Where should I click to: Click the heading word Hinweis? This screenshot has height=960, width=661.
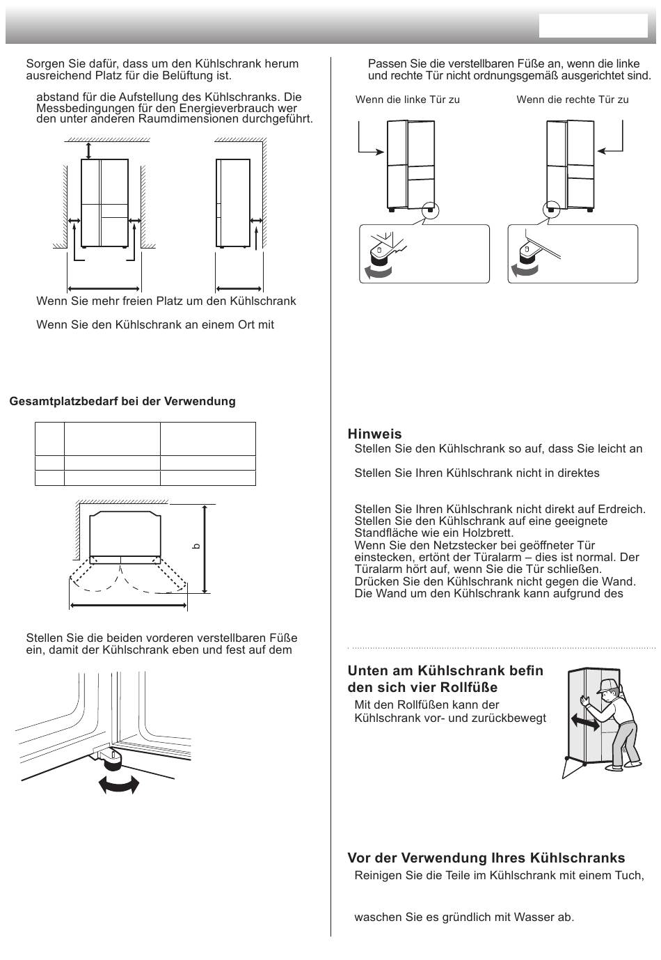pos(374,434)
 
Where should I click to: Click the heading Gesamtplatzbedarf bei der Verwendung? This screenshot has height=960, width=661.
pos(122,401)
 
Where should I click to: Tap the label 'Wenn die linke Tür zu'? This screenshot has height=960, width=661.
pos(408,100)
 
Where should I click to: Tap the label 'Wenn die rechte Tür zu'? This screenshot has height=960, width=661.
pos(573,100)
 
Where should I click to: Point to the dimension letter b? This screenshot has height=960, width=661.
pos(196,546)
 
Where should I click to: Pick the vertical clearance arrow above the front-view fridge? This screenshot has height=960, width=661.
pos(88,150)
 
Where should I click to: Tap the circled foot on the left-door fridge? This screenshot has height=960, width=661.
pos(429,210)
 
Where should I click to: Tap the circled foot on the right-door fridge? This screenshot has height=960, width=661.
pos(551,210)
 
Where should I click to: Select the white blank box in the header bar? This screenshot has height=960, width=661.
pos(593,26)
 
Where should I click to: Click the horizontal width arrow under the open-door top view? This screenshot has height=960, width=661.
pos(129,606)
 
